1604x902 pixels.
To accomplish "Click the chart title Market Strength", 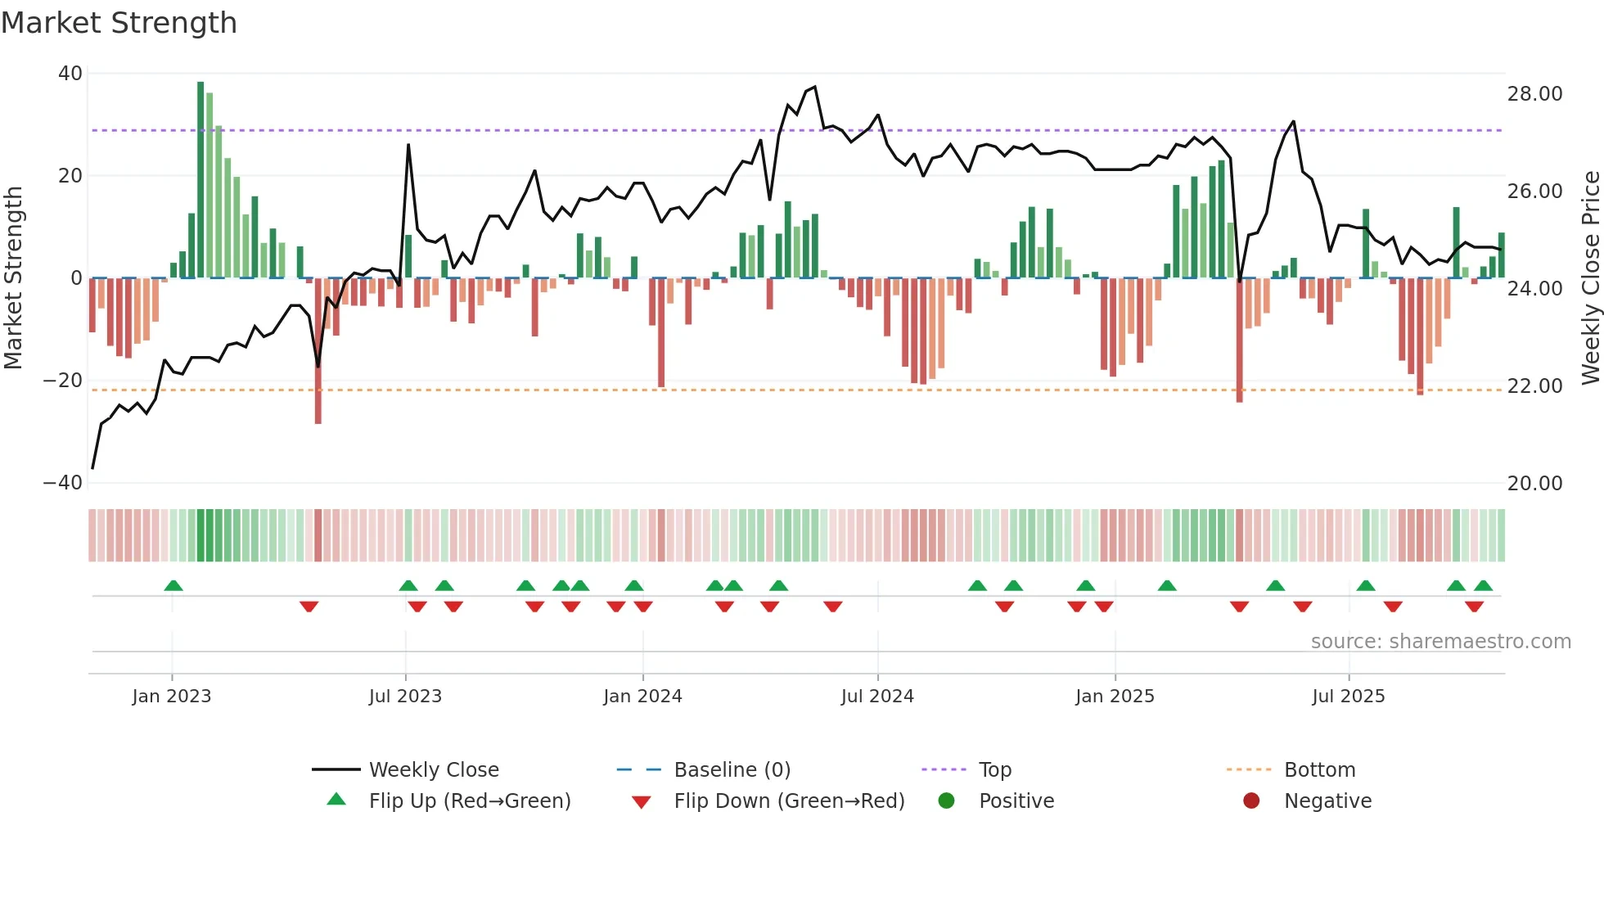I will click(x=119, y=23).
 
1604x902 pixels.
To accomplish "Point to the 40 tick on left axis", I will click(x=70, y=74).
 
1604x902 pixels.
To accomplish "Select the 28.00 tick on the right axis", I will click(x=1534, y=94).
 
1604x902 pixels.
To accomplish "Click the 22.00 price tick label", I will click(x=1534, y=386).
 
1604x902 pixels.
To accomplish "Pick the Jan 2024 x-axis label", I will click(x=642, y=697).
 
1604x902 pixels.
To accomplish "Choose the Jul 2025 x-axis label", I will click(x=1348, y=697).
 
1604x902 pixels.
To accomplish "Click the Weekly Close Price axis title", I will click(x=1590, y=277).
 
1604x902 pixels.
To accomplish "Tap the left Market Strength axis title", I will click(x=13, y=277).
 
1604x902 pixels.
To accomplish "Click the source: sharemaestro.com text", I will click(x=1440, y=642).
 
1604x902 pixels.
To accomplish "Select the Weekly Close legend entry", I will click(x=433, y=770).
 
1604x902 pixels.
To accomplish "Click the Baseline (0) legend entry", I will click(x=732, y=770).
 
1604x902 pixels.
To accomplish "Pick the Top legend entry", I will click(x=994, y=770).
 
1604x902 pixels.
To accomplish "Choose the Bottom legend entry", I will click(x=1319, y=770).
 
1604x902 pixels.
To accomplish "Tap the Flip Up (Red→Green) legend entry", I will click(x=469, y=801).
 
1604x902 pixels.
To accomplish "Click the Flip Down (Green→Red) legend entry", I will click(x=789, y=801).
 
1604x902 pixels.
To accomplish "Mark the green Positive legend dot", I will click(x=946, y=801).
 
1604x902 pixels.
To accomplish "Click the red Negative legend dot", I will click(x=1251, y=801).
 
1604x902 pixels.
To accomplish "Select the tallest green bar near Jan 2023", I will click(x=200, y=180).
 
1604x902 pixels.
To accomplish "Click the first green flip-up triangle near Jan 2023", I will click(x=173, y=585).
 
